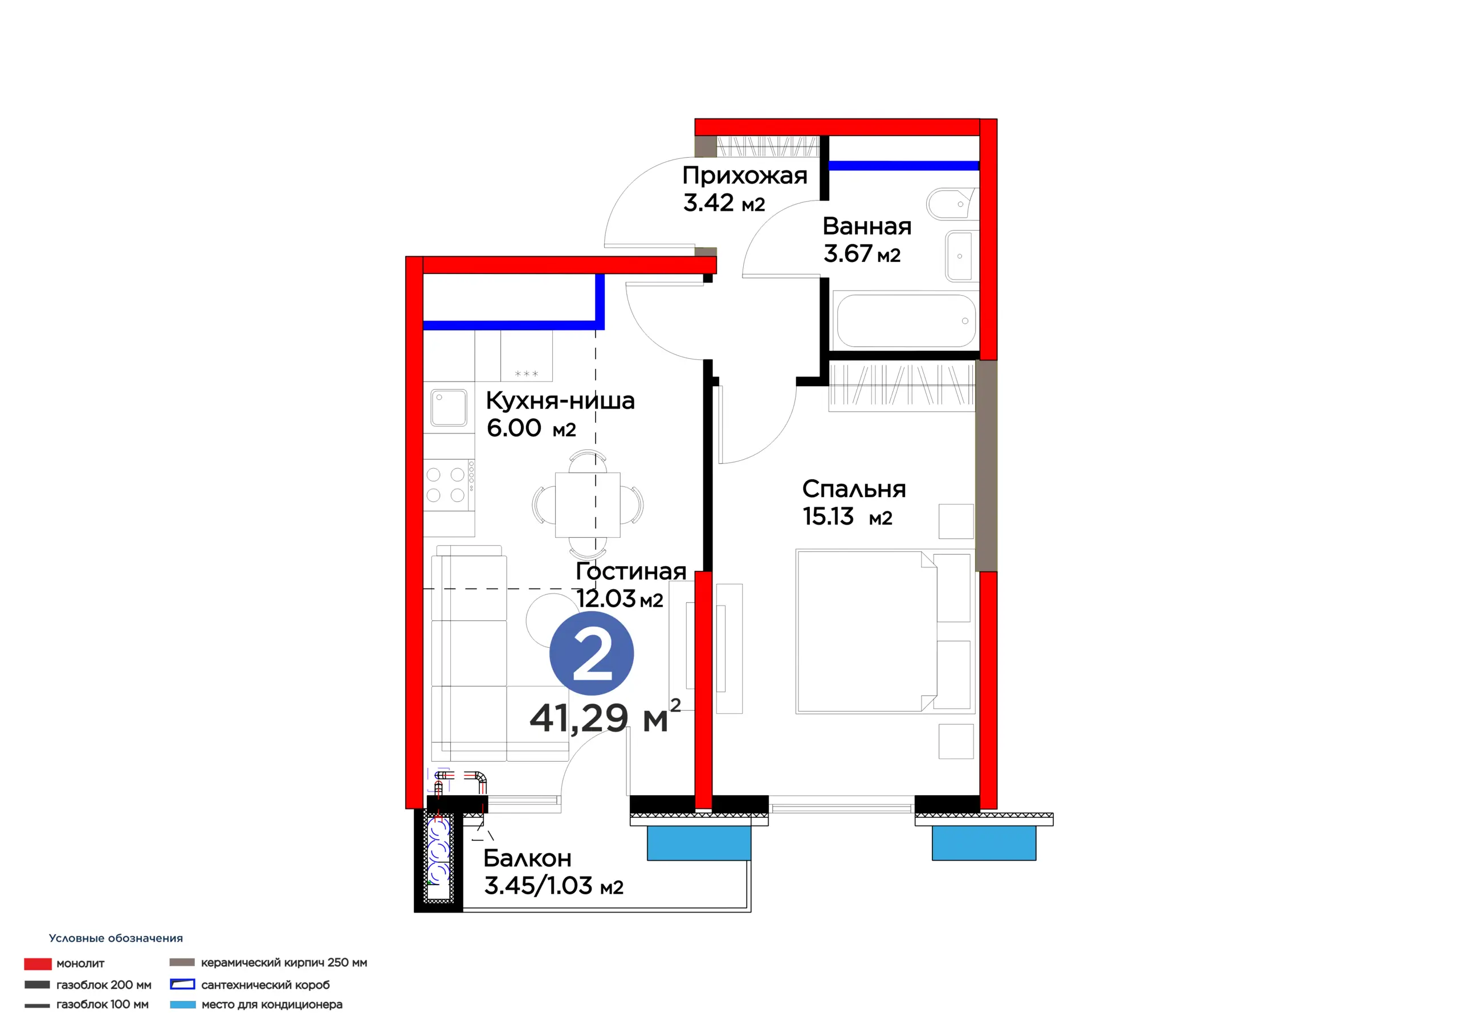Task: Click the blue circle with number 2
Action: (591, 653)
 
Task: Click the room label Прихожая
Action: (745, 176)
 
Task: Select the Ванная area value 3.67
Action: (847, 253)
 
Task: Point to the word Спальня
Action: (854, 489)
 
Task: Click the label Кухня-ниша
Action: (560, 401)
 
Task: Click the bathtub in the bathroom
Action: (906, 320)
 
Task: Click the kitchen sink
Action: (449, 407)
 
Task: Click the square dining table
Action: (588, 505)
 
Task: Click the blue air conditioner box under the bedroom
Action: (984, 843)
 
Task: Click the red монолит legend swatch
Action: (38, 964)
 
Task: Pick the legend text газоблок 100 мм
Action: (103, 1004)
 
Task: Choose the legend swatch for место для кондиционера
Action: (182, 1005)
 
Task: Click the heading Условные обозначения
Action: (116, 938)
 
